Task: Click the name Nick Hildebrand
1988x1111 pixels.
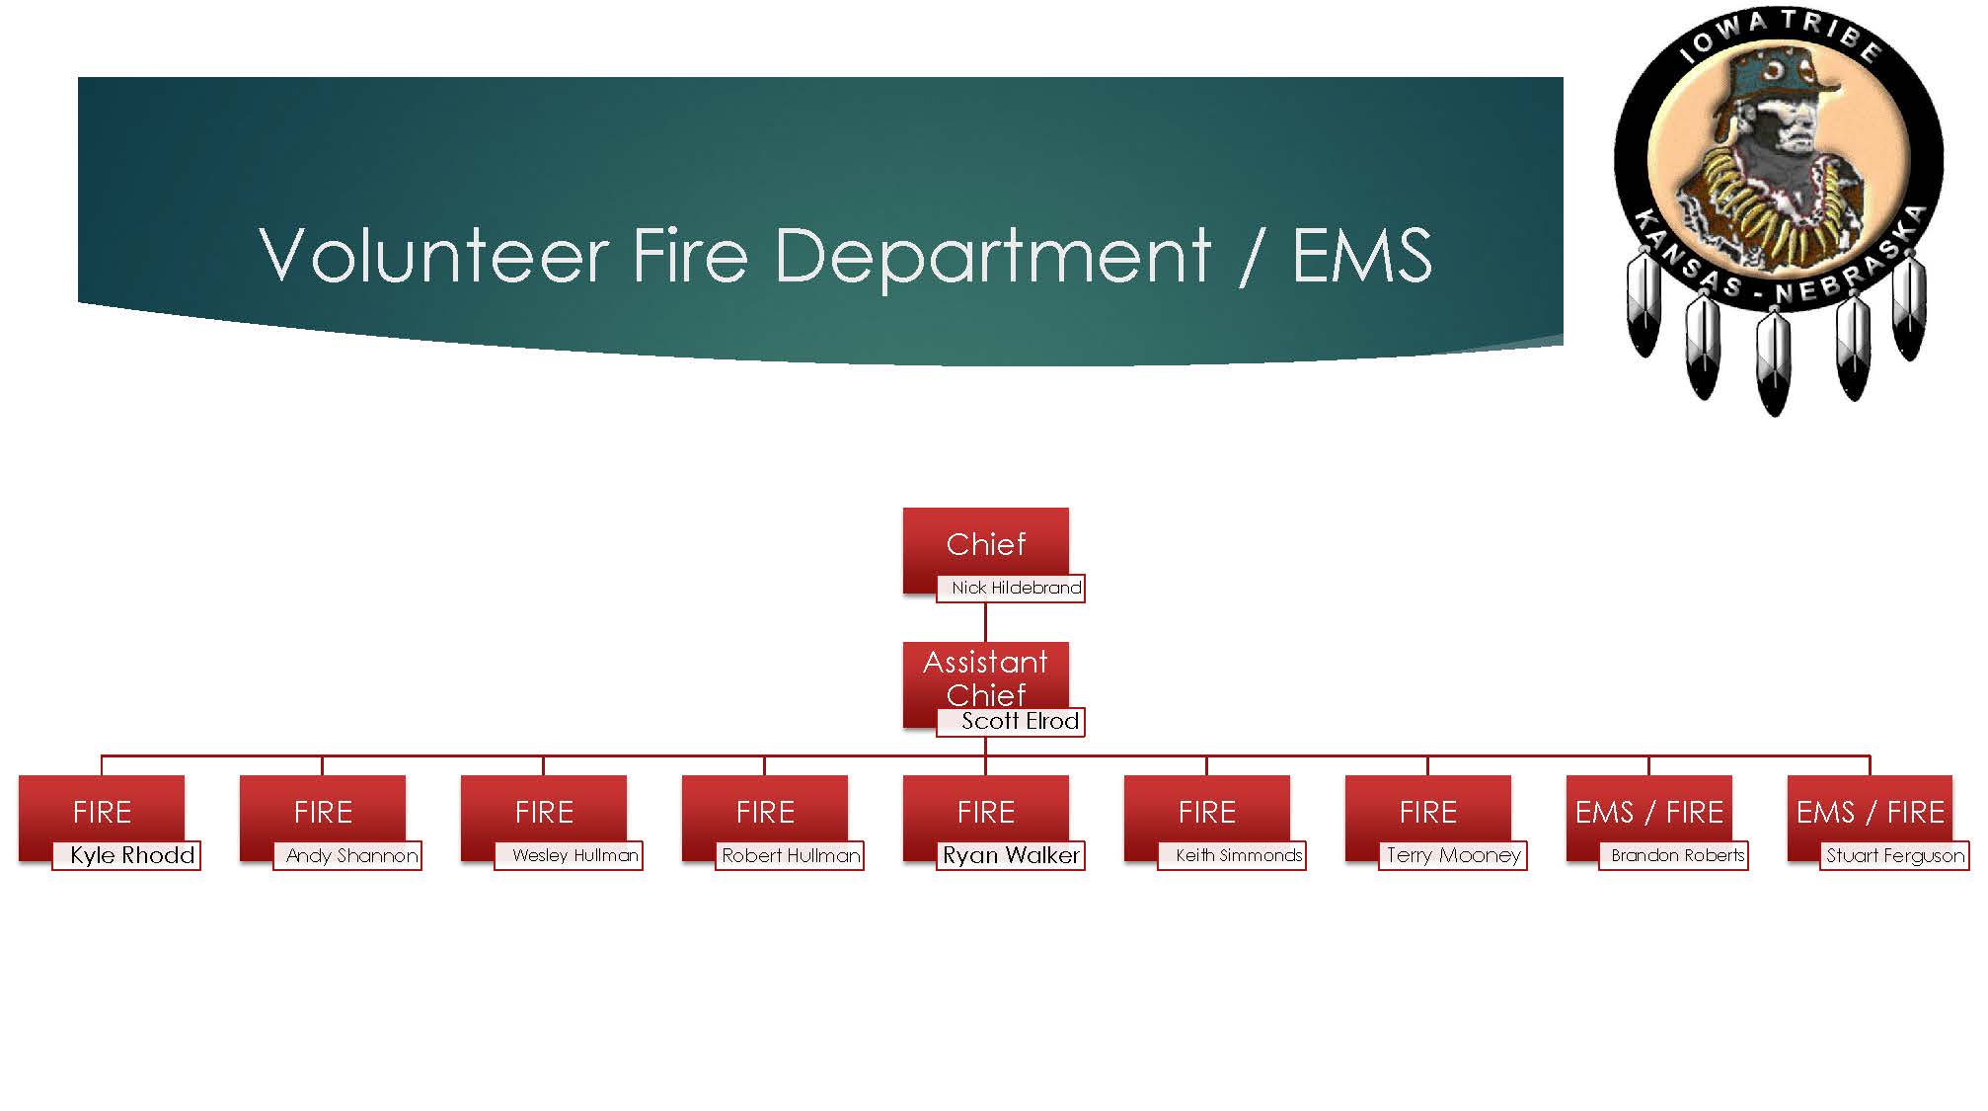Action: point(1016,588)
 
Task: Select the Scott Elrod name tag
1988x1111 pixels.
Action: point(1020,721)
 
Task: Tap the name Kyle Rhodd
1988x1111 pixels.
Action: point(132,855)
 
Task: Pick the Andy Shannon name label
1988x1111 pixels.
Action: point(351,855)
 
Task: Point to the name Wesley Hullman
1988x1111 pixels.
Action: point(574,855)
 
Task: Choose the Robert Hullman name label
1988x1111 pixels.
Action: point(791,855)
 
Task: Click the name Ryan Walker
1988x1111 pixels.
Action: point(1011,855)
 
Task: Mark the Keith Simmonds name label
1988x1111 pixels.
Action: point(1239,855)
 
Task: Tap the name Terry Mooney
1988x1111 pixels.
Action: point(1453,855)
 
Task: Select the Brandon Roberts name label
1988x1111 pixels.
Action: point(1677,855)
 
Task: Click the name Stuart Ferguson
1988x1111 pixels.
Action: point(1895,855)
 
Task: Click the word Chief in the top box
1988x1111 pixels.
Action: point(985,544)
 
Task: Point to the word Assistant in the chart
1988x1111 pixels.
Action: point(985,662)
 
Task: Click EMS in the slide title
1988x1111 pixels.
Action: point(1362,255)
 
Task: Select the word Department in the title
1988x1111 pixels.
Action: point(992,257)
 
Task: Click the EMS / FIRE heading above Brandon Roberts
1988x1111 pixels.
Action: point(1648,812)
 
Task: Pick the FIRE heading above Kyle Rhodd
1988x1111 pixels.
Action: point(102,812)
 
